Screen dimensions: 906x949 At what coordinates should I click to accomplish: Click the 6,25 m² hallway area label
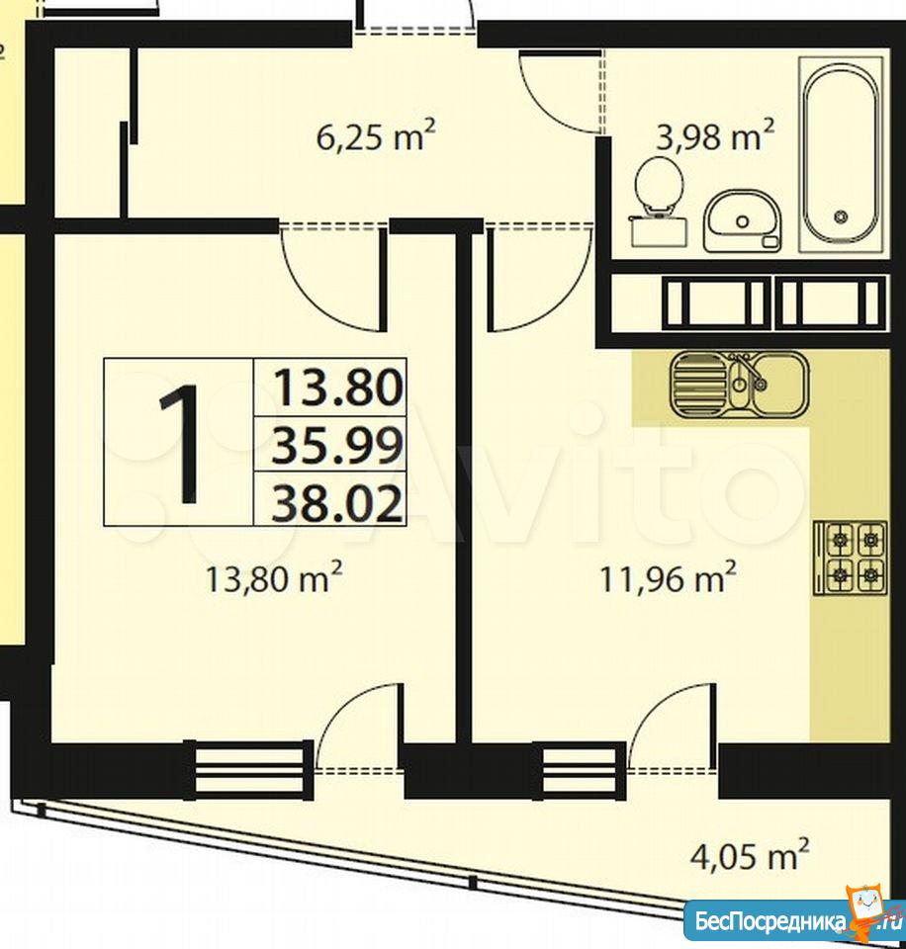376,135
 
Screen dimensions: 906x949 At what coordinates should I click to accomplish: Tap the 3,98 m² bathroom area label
715,135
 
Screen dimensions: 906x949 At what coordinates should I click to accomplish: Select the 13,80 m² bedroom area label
274,578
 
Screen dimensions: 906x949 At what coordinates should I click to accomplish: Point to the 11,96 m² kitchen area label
668,578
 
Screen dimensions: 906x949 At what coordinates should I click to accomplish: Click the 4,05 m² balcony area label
750,854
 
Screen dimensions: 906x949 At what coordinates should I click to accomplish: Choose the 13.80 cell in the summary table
337,388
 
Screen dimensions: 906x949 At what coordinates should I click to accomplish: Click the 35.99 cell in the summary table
337,444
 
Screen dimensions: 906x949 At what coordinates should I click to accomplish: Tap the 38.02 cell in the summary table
337,502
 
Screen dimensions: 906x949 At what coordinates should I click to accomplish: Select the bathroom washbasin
743,220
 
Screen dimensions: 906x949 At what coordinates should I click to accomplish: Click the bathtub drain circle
840,216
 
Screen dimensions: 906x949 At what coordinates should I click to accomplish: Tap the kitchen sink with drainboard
740,385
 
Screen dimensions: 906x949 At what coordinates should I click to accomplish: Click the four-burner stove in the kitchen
851,557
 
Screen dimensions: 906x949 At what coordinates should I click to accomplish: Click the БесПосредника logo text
770,921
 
